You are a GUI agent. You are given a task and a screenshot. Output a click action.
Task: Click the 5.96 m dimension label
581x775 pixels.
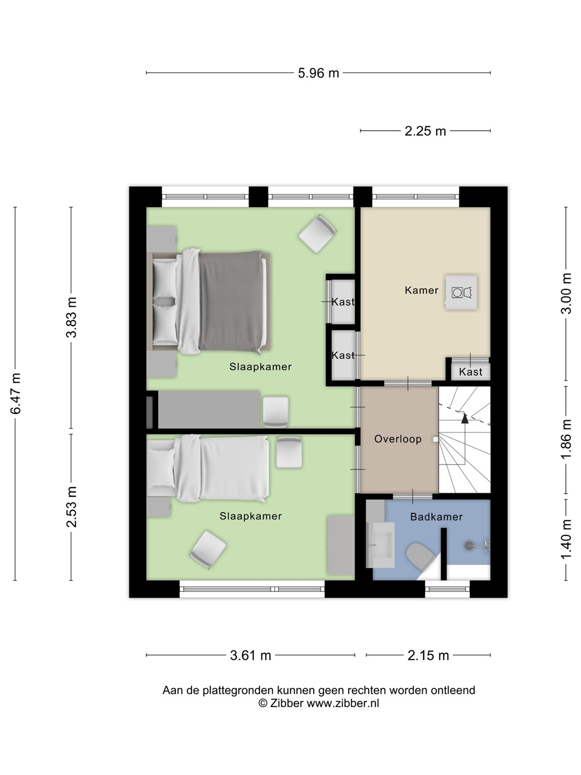click(318, 73)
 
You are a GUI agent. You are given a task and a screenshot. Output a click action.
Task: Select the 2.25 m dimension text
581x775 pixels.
click(425, 131)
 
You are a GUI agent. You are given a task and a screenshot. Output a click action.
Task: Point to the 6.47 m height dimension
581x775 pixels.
click(16, 393)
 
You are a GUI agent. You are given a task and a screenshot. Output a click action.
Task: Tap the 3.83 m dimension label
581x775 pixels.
click(72, 318)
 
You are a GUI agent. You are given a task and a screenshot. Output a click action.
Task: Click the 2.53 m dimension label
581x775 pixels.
click(72, 507)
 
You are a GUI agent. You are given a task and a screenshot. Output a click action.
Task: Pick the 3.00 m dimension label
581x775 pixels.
click(566, 293)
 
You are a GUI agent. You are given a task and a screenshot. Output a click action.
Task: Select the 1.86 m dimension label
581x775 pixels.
click(566, 439)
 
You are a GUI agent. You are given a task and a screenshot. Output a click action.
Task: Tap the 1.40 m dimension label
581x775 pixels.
click(566, 539)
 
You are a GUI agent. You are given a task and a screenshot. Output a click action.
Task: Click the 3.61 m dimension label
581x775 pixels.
click(251, 656)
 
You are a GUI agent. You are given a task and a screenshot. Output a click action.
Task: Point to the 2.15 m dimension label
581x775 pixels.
click(428, 656)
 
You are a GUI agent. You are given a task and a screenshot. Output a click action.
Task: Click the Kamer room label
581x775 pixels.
click(422, 290)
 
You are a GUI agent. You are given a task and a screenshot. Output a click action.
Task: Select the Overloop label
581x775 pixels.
click(398, 439)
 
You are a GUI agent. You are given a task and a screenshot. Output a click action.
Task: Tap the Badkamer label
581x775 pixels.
click(436, 517)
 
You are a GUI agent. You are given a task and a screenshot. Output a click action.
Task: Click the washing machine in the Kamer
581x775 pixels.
click(462, 293)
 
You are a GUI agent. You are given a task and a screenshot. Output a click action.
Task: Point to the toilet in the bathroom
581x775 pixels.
click(420, 556)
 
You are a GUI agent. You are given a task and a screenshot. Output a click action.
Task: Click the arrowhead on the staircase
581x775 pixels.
click(465, 418)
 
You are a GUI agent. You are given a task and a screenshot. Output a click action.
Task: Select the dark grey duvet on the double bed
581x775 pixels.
click(231, 302)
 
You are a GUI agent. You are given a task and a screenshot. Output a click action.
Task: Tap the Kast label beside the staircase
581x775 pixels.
click(471, 372)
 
